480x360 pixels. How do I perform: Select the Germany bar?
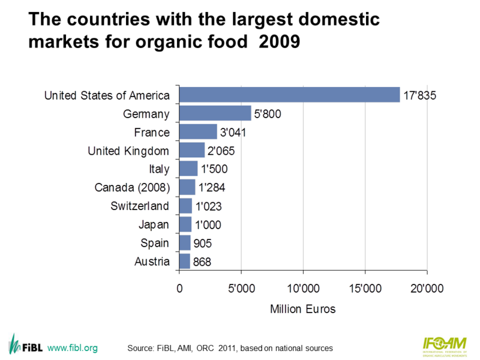click(x=215, y=113)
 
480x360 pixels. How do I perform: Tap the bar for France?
click(x=198, y=132)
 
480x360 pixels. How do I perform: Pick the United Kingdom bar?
click(x=192, y=150)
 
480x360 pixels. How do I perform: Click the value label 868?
click(x=203, y=262)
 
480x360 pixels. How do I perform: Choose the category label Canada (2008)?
click(x=133, y=187)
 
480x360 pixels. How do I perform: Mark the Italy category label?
click(x=160, y=169)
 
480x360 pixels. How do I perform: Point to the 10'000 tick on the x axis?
click(x=303, y=287)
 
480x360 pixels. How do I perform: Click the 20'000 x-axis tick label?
click(x=427, y=287)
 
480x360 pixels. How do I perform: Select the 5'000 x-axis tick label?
click(x=241, y=287)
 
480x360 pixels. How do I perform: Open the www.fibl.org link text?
click(x=72, y=347)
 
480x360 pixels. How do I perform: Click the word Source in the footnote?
click(x=142, y=348)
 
